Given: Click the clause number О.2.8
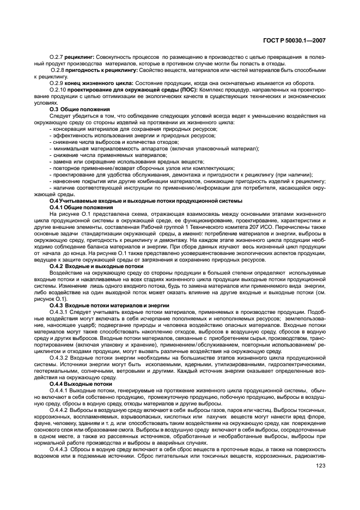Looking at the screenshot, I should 58,70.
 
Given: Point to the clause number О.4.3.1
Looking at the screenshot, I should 59,312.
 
